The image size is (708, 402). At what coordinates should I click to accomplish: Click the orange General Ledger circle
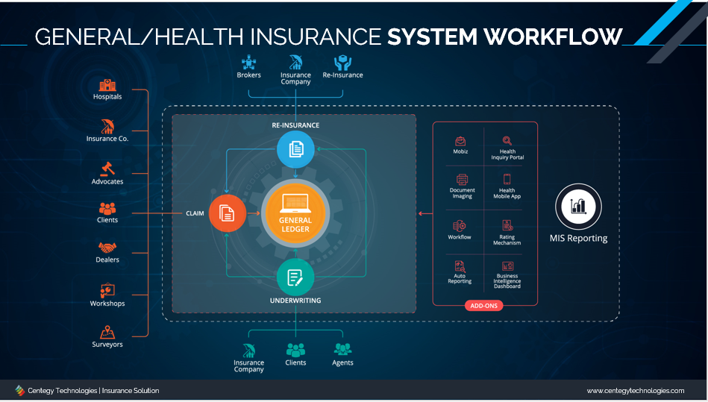295,213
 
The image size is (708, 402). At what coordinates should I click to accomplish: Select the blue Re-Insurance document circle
295,149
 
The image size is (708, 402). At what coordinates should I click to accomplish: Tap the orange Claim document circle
228,213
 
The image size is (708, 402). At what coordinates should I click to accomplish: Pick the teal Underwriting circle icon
295,277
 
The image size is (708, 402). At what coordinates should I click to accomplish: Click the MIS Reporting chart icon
578,207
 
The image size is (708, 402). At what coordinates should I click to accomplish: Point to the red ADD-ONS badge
483,306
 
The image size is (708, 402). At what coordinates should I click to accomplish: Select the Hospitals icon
107,85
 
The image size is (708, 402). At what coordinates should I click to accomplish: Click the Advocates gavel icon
107,169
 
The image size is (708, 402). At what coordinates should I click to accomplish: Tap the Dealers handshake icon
107,248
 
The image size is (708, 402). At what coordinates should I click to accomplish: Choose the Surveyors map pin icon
107,333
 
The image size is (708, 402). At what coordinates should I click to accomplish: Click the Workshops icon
107,291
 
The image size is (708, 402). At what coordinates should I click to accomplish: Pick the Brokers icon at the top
248,62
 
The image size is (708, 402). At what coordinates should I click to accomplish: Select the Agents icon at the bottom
342,350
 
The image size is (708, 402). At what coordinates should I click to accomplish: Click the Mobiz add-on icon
460,141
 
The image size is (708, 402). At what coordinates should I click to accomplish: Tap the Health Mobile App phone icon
507,179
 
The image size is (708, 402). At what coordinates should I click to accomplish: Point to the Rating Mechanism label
507,239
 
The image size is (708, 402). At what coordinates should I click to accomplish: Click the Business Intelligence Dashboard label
507,280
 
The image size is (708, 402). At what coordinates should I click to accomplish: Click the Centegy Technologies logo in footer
19,390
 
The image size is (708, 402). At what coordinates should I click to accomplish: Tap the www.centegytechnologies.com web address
636,391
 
